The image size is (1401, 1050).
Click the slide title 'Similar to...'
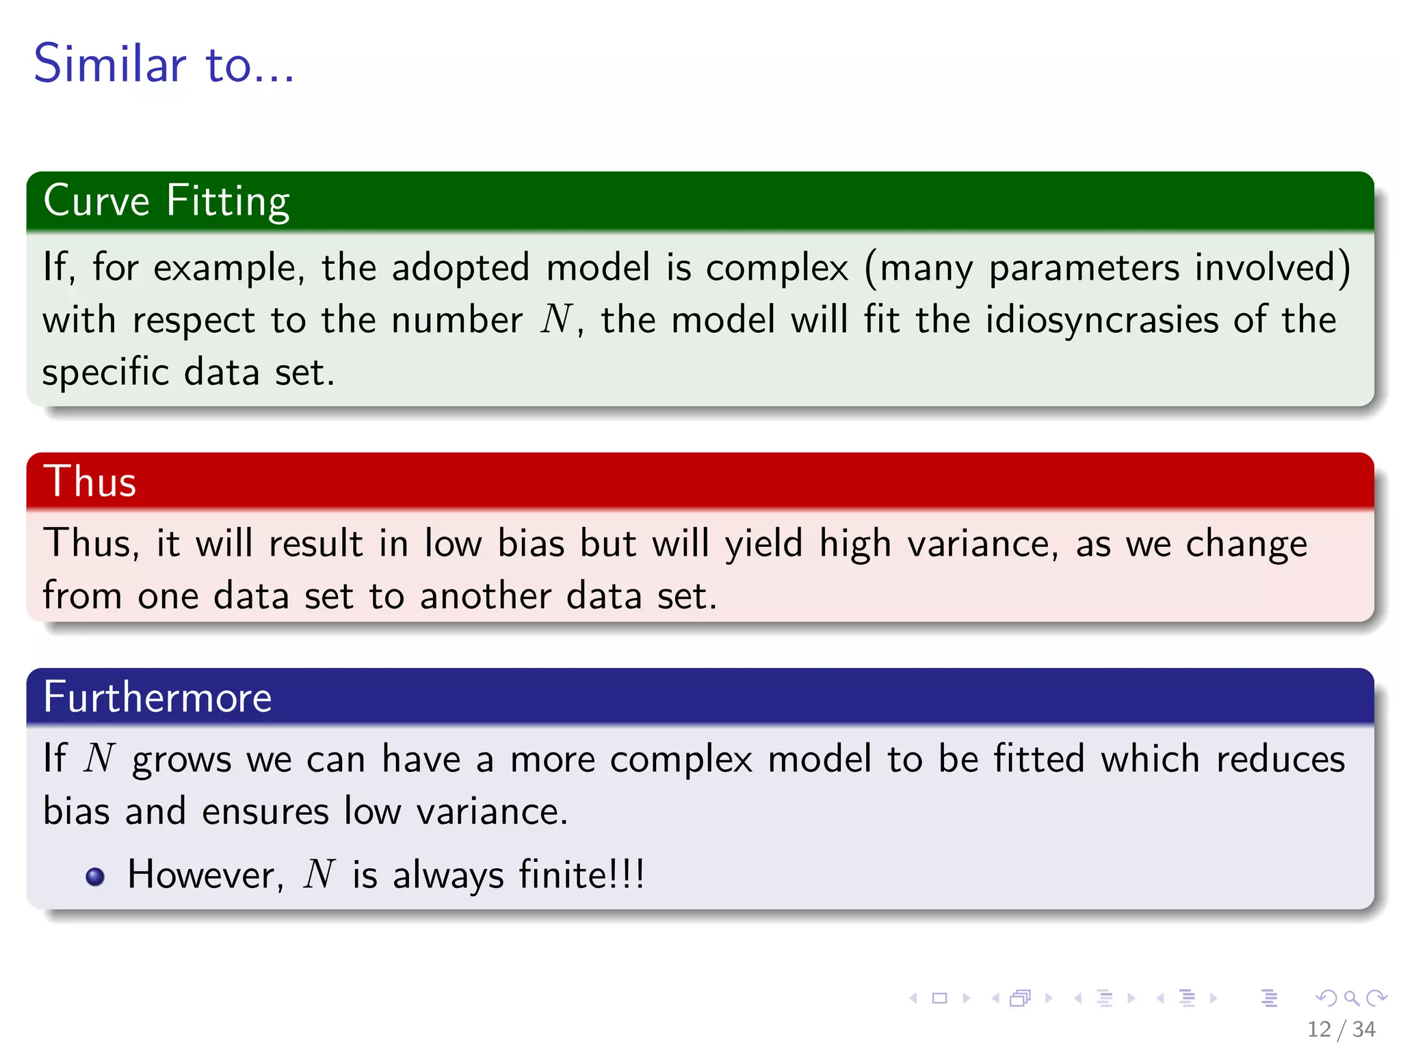point(164,64)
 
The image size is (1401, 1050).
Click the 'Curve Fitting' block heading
point(166,201)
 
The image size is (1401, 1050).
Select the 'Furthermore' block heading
point(157,697)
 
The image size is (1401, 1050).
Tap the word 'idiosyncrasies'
point(1101,320)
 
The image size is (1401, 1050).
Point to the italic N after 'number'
point(556,319)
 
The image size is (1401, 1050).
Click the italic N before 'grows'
point(99,759)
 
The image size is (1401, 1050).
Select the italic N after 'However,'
point(319,875)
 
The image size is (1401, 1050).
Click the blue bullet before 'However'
point(96,876)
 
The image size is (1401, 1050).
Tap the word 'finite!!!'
point(581,875)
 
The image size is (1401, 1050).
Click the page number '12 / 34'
point(1341,1029)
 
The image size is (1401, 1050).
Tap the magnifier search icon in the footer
point(1351,998)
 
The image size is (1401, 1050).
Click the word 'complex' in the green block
point(777,267)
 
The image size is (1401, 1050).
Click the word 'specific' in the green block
point(105,373)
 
